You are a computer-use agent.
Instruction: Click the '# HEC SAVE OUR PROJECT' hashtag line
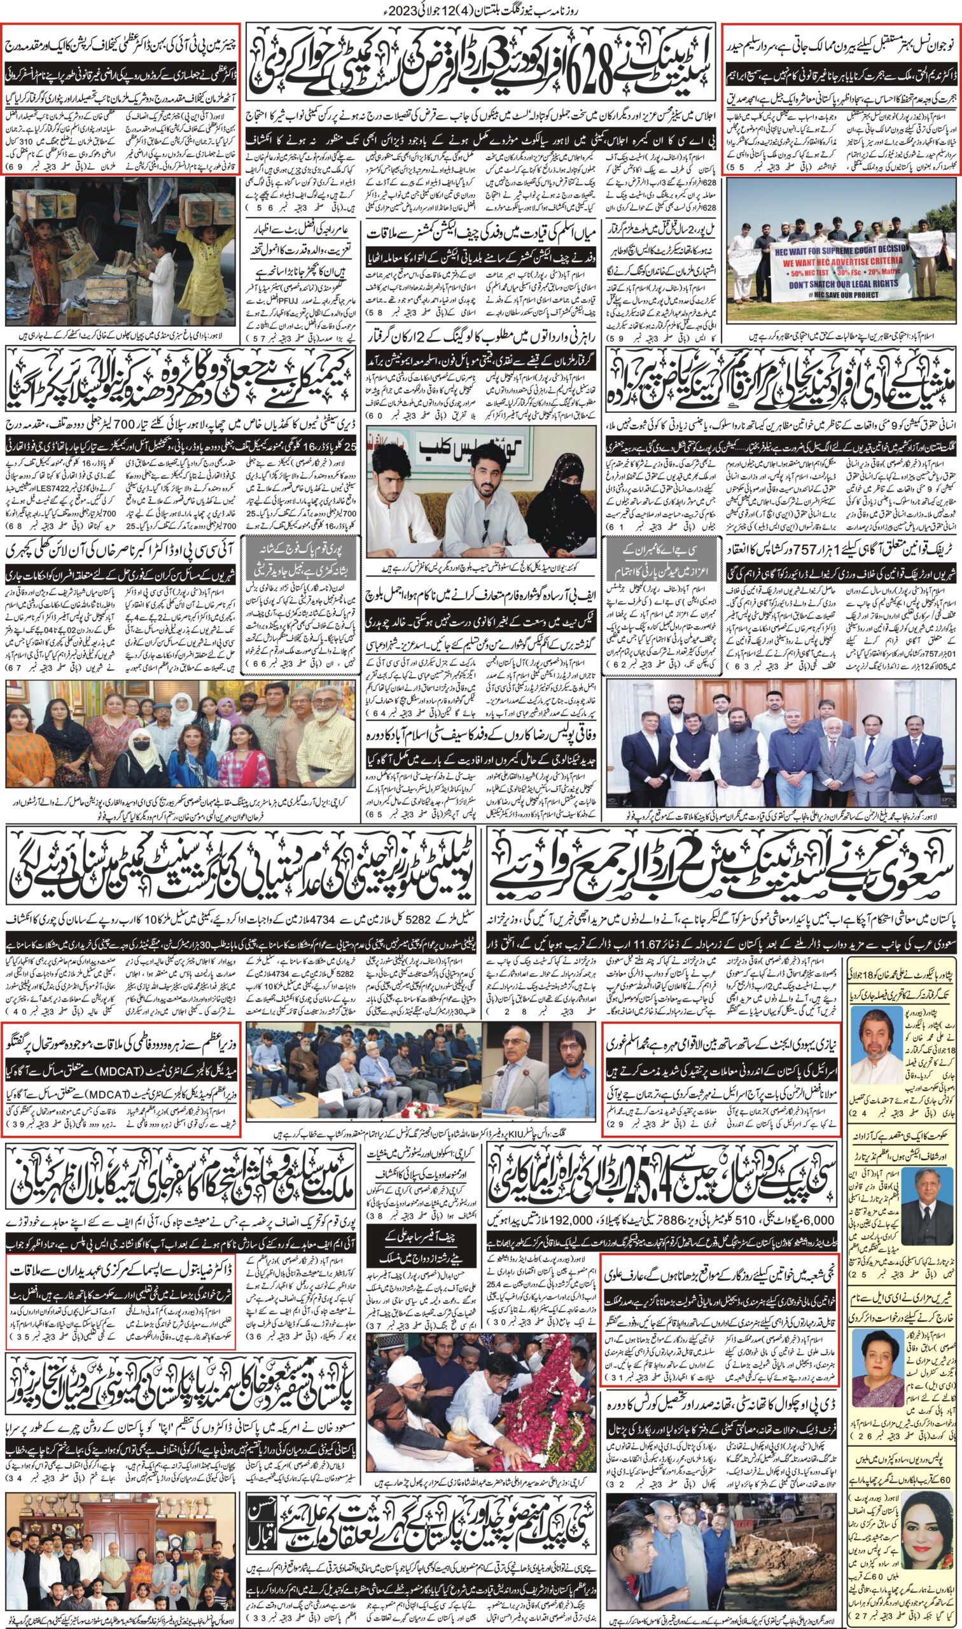[835, 296]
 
